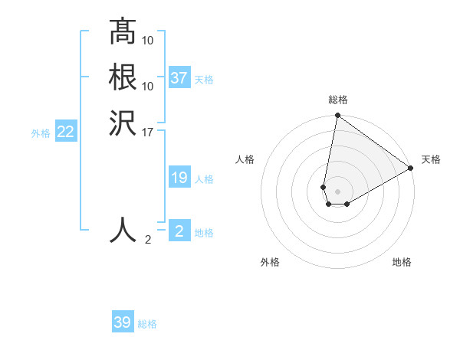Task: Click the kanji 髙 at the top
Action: pyautogui.click(x=123, y=31)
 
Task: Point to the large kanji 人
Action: pyautogui.click(x=123, y=229)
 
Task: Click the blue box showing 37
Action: pyautogui.click(x=179, y=78)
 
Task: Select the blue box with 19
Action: pyautogui.click(x=179, y=178)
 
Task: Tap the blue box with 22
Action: pyautogui.click(x=66, y=132)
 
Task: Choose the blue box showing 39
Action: pyautogui.click(x=123, y=322)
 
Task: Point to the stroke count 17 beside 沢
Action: pyautogui.click(x=148, y=132)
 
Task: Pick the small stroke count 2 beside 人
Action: pyautogui.click(x=148, y=240)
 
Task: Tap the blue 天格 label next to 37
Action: pyautogui.click(x=204, y=80)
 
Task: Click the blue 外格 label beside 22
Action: pyautogui.click(x=41, y=133)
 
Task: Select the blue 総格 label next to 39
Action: pyautogui.click(x=147, y=324)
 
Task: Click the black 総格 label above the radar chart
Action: pyautogui.click(x=338, y=100)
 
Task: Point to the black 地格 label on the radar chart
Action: pyautogui.click(x=402, y=262)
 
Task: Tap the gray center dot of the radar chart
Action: pyautogui.click(x=338, y=191)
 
